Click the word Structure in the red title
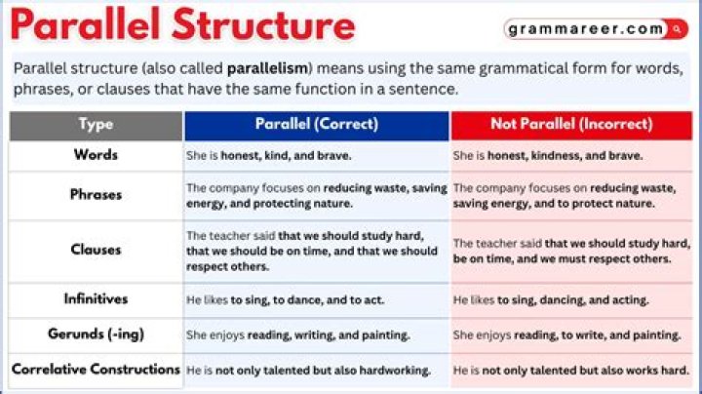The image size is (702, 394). (x=263, y=24)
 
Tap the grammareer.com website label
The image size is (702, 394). (x=586, y=29)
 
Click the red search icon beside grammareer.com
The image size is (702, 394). (x=677, y=29)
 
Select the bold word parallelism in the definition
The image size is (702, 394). (x=268, y=68)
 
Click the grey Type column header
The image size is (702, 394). (x=96, y=125)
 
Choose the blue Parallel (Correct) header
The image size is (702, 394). (x=317, y=125)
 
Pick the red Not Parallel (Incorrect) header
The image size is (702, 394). (x=571, y=125)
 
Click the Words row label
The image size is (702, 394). (x=96, y=155)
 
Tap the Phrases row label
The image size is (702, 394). (x=96, y=195)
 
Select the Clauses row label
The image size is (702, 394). (x=96, y=250)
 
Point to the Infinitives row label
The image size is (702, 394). (x=96, y=298)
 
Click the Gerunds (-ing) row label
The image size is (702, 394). (x=96, y=334)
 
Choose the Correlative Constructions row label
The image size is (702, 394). (x=96, y=370)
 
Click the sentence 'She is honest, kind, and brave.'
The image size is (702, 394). (x=269, y=156)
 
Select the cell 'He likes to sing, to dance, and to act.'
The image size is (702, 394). (x=285, y=300)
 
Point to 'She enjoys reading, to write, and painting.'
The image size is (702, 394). (x=566, y=335)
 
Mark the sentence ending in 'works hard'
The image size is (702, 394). (x=570, y=371)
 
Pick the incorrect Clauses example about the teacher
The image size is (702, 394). (x=571, y=252)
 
